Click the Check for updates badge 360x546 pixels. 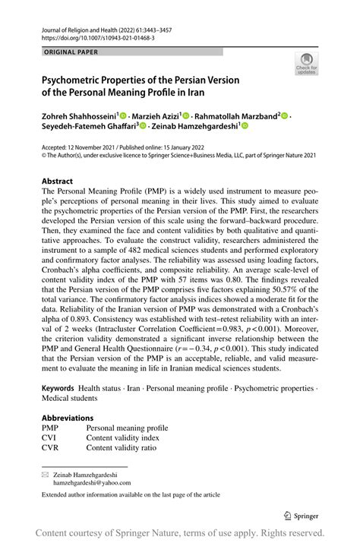click(x=307, y=64)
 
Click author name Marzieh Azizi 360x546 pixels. click(x=156, y=115)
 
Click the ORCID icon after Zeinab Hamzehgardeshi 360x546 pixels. click(x=245, y=127)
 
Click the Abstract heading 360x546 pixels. click(x=58, y=182)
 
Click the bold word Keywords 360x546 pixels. click(x=58, y=387)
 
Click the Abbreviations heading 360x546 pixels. click(x=68, y=418)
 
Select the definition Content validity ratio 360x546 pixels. click(x=126, y=448)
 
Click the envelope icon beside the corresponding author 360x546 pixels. click(x=45, y=473)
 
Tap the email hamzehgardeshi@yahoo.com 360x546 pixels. click(x=92, y=482)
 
